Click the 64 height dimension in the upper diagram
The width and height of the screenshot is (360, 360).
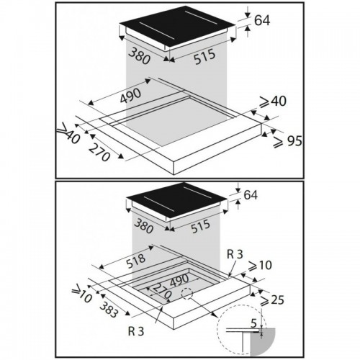(x=262, y=20)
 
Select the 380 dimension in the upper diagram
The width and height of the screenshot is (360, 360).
(x=140, y=56)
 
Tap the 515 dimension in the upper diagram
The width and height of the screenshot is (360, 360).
(x=204, y=57)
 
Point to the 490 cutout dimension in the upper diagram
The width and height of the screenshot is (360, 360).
(x=130, y=96)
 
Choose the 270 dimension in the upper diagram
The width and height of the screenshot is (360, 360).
(x=99, y=152)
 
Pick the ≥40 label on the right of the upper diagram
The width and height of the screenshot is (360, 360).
(x=273, y=101)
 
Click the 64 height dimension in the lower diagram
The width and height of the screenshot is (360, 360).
(x=251, y=194)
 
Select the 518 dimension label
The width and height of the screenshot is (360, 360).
(x=136, y=261)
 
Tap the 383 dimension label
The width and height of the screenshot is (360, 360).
(x=109, y=310)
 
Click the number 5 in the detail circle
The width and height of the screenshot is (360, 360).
(x=253, y=324)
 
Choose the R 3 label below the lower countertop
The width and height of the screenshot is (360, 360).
(x=136, y=331)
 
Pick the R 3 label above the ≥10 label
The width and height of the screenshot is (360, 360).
(x=235, y=254)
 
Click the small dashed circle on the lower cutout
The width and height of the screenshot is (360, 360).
(x=187, y=293)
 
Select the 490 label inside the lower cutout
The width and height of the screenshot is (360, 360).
(x=179, y=280)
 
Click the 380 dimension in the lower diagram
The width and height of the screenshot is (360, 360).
(x=143, y=227)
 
